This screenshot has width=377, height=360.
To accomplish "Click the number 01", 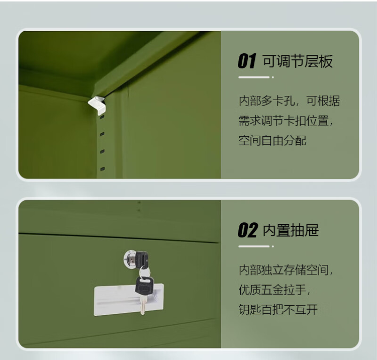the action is (x=247, y=61).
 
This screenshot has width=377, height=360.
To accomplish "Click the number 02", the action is (x=248, y=230).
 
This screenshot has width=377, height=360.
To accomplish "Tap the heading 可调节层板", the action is (x=298, y=61).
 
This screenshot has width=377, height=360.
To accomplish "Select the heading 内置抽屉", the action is (x=291, y=230).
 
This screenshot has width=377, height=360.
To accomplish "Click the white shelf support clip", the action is (x=97, y=105).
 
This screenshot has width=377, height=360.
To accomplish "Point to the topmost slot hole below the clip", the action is (x=102, y=117).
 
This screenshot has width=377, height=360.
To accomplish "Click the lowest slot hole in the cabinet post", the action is (x=103, y=169).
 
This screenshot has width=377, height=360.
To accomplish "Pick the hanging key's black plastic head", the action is (x=144, y=286).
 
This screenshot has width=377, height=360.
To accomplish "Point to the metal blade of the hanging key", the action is (x=143, y=305).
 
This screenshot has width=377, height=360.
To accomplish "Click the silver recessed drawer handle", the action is (x=129, y=300).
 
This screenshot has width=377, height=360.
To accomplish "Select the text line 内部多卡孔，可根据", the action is (x=289, y=101).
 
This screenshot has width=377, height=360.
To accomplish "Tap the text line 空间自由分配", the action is (x=272, y=141).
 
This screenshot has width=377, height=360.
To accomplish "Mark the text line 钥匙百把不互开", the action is (x=278, y=310).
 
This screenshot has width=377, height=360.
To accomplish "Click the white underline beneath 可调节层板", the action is (x=254, y=77).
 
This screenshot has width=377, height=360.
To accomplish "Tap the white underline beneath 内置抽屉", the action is (x=254, y=246).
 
